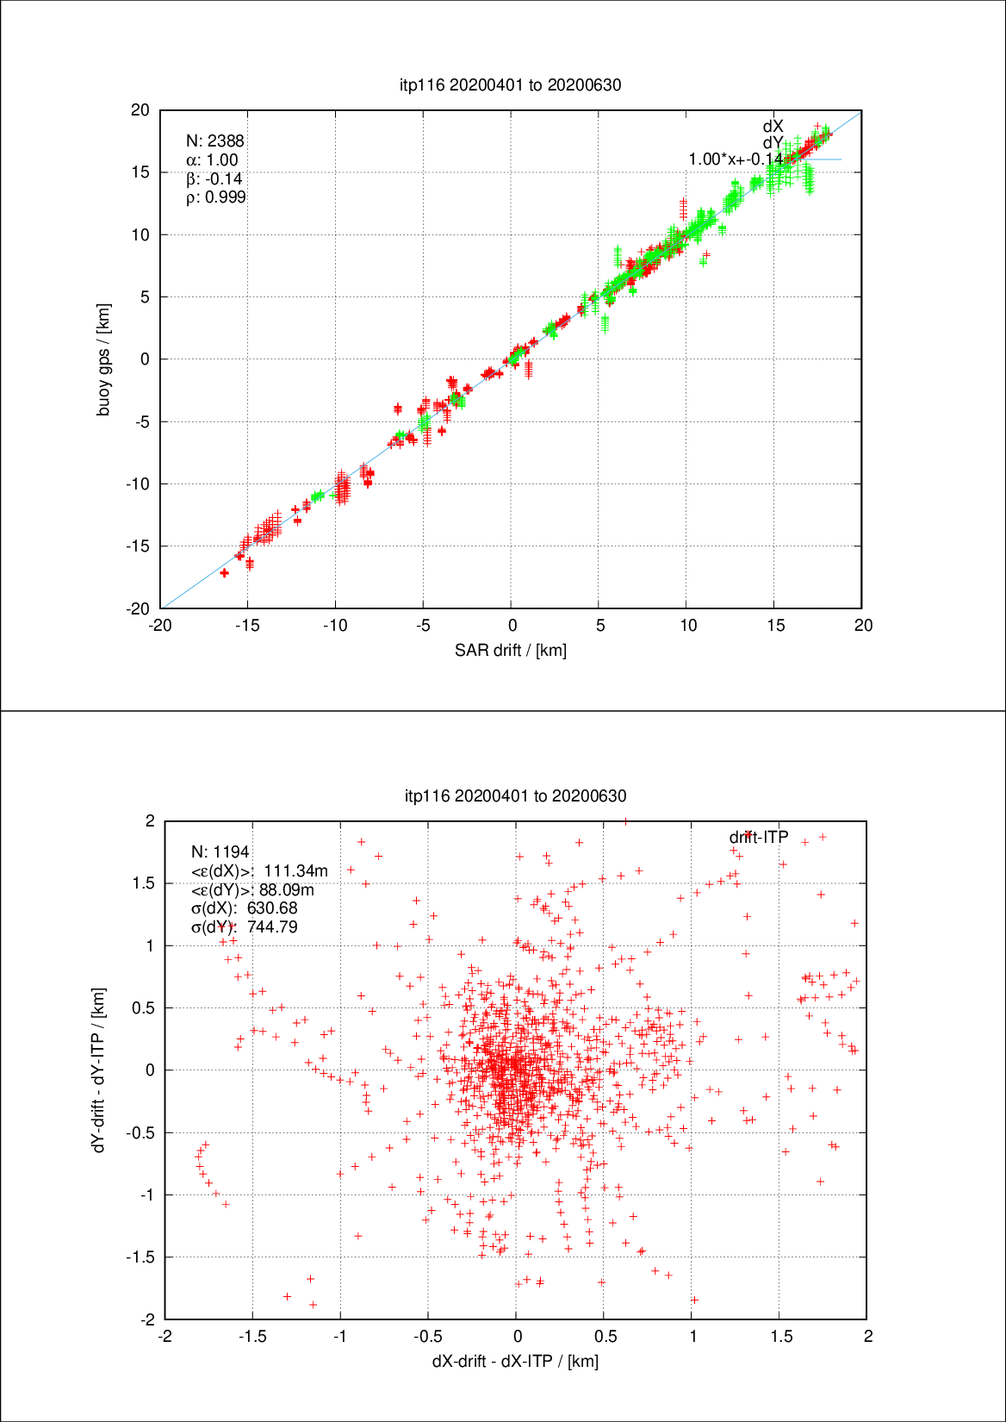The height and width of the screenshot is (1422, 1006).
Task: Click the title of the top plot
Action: pos(511,84)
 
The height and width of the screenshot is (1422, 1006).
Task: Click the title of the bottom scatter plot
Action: pos(515,795)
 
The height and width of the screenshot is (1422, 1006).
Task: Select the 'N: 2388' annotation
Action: pos(215,141)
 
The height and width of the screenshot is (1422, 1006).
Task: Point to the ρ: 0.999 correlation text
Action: pos(216,197)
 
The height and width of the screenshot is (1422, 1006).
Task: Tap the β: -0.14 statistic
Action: pos(214,179)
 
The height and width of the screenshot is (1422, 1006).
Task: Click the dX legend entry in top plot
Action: pos(773,127)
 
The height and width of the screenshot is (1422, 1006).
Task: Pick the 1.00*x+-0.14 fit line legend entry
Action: pos(736,159)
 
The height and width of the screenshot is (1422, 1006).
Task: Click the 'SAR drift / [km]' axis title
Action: pos(511,651)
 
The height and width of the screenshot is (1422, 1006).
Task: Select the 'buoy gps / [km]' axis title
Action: pos(104,360)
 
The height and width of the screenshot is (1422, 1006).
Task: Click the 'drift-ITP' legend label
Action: pos(759,838)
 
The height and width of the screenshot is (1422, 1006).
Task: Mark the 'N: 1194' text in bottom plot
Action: pos(220,852)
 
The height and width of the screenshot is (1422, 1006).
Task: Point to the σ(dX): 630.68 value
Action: pos(245,908)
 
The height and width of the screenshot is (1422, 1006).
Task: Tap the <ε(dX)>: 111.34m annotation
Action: pos(259,871)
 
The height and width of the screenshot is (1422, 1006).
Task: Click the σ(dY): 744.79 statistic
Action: pos(245,927)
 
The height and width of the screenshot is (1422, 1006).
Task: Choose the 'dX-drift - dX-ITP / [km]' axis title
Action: pos(515,1362)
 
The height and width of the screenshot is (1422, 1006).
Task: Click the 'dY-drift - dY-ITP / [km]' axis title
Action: pos(99,1070)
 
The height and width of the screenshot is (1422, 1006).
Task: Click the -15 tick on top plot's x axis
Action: pos(247,626)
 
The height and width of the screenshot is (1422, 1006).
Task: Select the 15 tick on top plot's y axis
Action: pos(140,172)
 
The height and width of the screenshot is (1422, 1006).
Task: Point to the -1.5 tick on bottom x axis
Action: pos(252,1337)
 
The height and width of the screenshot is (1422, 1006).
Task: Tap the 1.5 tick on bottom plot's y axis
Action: pos(144,883)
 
